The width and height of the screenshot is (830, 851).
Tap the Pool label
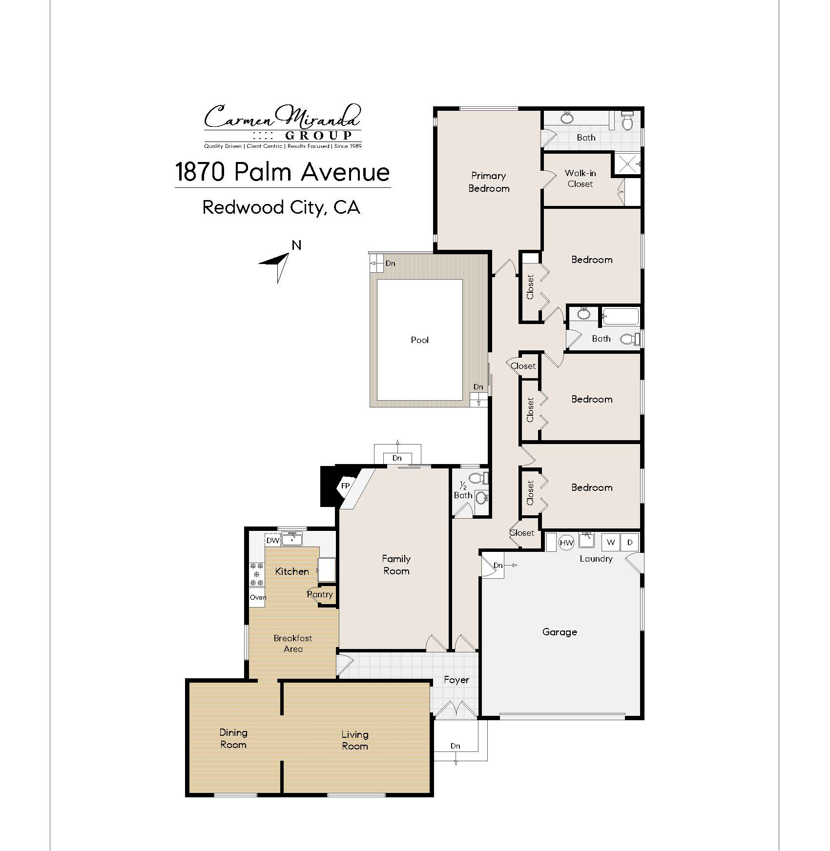pyautogui.click(x=420, y=340)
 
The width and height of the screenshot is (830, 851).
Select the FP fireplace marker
pyautogui.click(x=345, y=486)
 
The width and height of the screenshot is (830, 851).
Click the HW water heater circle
pyautogui.click(x=566, y=543)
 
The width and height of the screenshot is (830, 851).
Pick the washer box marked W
pyautogui.click(x=611, y=542)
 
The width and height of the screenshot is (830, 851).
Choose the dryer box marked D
pyautogui.click(x=630, y=542)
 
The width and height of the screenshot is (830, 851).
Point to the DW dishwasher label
pyautogui.click(x=273, y=541)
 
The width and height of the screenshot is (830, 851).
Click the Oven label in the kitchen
pyautogui.click(x=258, y=597)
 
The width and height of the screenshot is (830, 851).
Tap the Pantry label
pyautogui.click(x=320, y=594)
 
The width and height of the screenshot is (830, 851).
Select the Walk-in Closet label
pyautogui.click(x=580, y=179)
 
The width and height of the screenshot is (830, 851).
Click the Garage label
pyautogui.click(x=560, y=632)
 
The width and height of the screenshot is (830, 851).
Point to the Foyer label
pyautogui.click(x=456, y=680)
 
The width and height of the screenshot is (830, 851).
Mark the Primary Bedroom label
pyautogui.click(x=489, y=182)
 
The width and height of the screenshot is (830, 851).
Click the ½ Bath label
pyautogui.click(x=463, y=490)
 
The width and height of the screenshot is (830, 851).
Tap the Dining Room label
pyautogui.click(x=233, y=738)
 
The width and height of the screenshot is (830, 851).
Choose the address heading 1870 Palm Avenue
pyautogui.click(x=283, y=172)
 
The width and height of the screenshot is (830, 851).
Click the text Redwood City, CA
pyautogui.click(x=281, y=208)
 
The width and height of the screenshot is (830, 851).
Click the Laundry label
pyautogui.click(x=596, y=559)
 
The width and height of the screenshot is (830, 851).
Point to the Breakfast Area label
pyautogui.click(x=293, y=644)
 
